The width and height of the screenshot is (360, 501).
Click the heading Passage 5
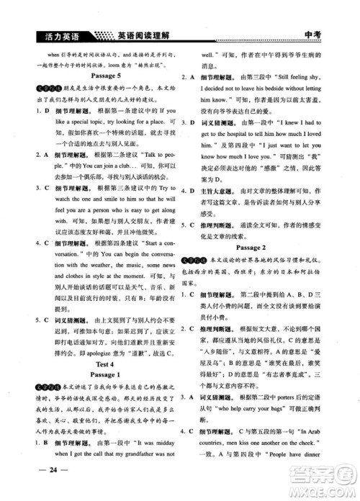pos(99,74)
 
